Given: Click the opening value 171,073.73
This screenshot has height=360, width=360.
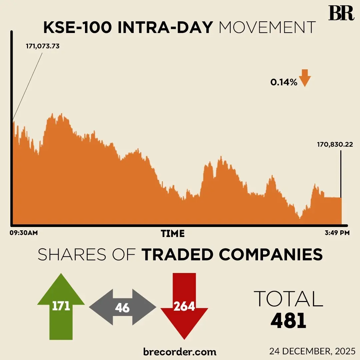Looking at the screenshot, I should [x=43, y=46].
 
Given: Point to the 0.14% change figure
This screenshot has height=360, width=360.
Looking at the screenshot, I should [x=284, y=82].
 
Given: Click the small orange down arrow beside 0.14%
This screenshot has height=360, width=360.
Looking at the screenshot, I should [x=305, y=78].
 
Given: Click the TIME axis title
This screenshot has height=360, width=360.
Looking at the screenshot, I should [x=173, y=233].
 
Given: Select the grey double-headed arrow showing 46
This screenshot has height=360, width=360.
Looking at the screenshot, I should [x=122, y=307].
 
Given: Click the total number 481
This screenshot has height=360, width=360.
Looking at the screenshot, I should [x=288, y=321].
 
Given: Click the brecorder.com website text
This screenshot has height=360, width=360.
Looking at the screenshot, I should [x=180, y=351].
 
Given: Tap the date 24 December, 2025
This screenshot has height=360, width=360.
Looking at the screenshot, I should [x=313, y=351].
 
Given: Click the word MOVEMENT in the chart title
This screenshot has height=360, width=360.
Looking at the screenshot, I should [x=267, y=28].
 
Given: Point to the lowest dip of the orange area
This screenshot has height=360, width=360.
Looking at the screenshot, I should [x=300, y=219].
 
